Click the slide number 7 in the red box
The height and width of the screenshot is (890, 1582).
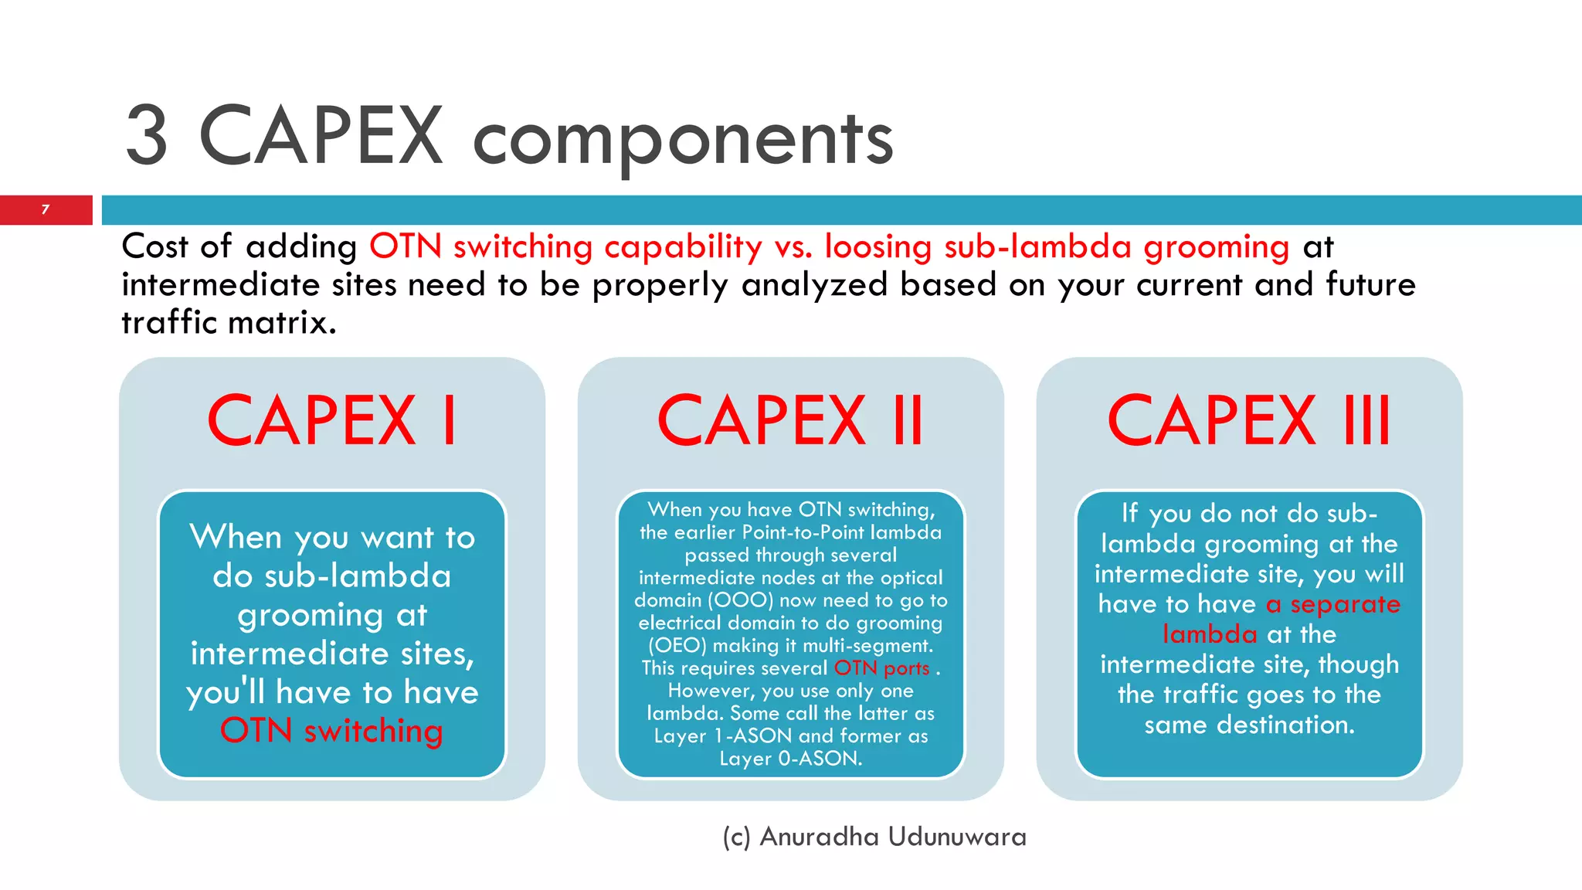(46, 209)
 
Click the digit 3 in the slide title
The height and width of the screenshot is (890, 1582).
(147, 138)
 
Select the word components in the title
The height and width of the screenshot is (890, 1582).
(683, 139)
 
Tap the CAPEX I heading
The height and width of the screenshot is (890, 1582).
(332, 421)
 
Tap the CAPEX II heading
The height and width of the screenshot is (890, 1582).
(790, 421)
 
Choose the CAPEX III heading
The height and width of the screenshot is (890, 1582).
(1249, 421)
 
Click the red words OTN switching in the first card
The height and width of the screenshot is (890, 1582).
(331, 731)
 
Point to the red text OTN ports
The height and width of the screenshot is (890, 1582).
(881, 668)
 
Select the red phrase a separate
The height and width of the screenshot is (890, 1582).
(1332, 604)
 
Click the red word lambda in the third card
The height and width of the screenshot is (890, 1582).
(1210, 634)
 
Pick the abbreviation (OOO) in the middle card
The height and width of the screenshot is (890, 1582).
(741, 600)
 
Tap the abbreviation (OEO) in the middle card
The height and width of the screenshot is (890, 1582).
(677, 646)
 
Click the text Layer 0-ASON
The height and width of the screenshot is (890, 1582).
(790, 759)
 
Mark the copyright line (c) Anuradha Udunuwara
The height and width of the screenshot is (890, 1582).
(874, 837)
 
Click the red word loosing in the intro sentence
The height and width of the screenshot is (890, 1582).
(878, 247)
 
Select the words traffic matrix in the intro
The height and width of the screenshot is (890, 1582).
(229, 323)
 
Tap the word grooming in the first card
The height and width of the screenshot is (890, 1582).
(310, 616)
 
